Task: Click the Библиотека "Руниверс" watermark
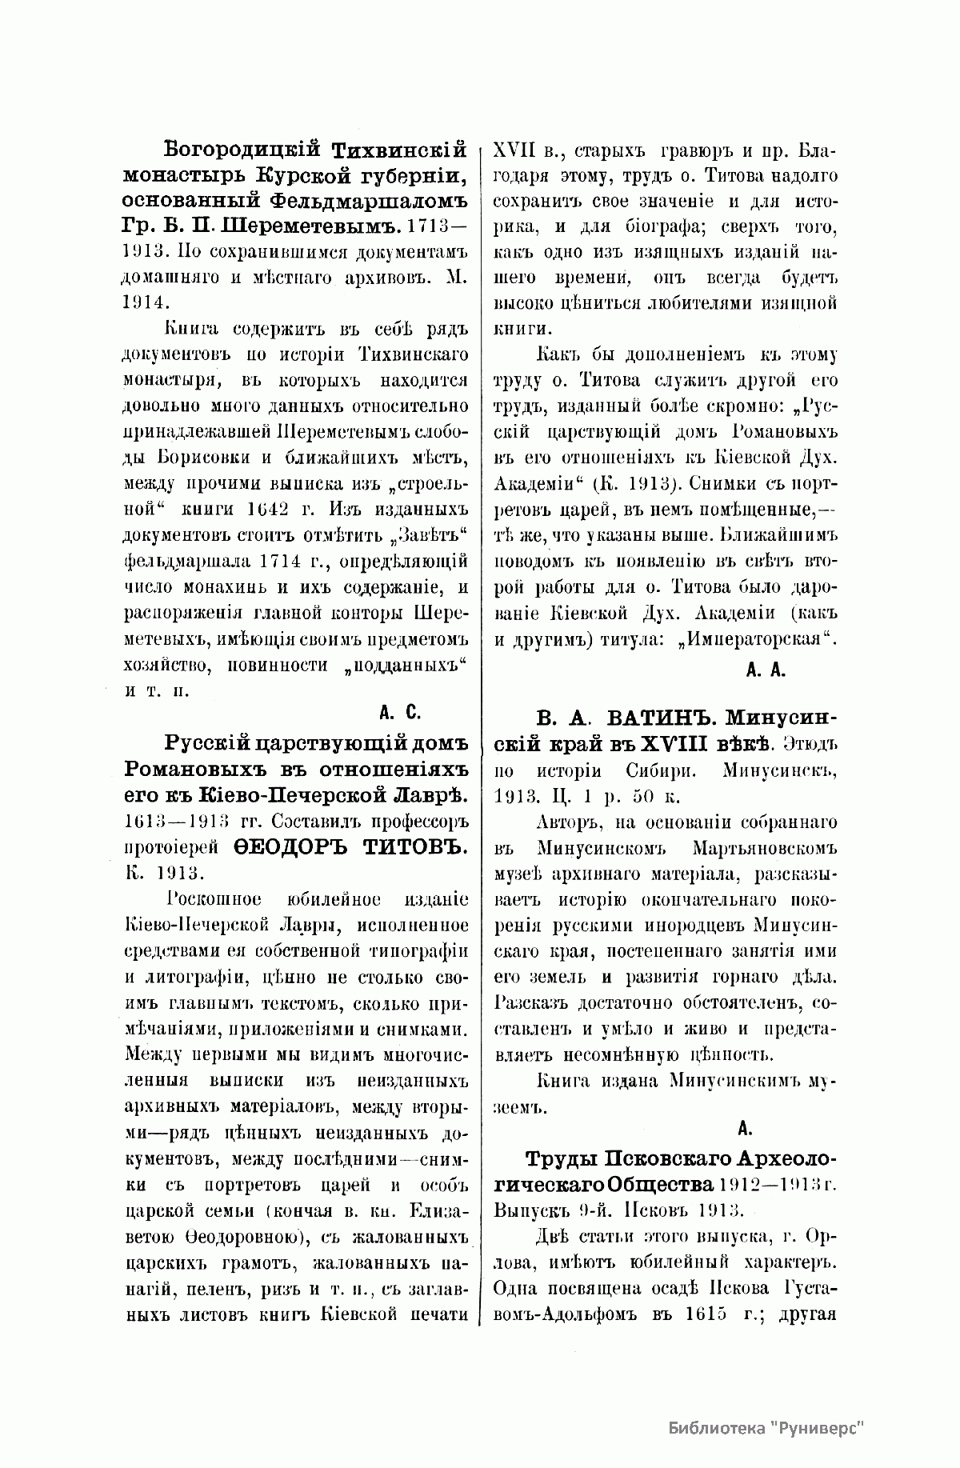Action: tap(766, 1427)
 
